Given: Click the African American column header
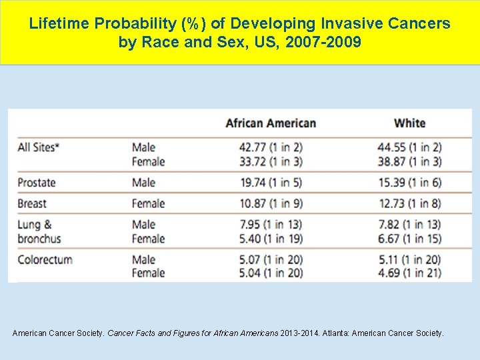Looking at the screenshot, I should click(x=271, y=123).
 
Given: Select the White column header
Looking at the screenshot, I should click(x=409, y=123).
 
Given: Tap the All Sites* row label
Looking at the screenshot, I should click(x=39, y=147).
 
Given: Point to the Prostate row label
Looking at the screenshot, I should click(x=37, y=183).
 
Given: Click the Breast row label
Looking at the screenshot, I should click(x=32, y=203).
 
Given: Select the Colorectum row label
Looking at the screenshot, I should click(x=45, y=259).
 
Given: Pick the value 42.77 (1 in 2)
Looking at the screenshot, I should click(x=272, y=147).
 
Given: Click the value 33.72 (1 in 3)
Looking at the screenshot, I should click(x=272, y=161).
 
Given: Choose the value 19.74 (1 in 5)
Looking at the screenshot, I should click(x=272, y=183).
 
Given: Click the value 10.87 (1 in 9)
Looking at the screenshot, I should click(x=272, y=203).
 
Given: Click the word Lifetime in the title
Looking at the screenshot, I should click(x=59, y=24).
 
